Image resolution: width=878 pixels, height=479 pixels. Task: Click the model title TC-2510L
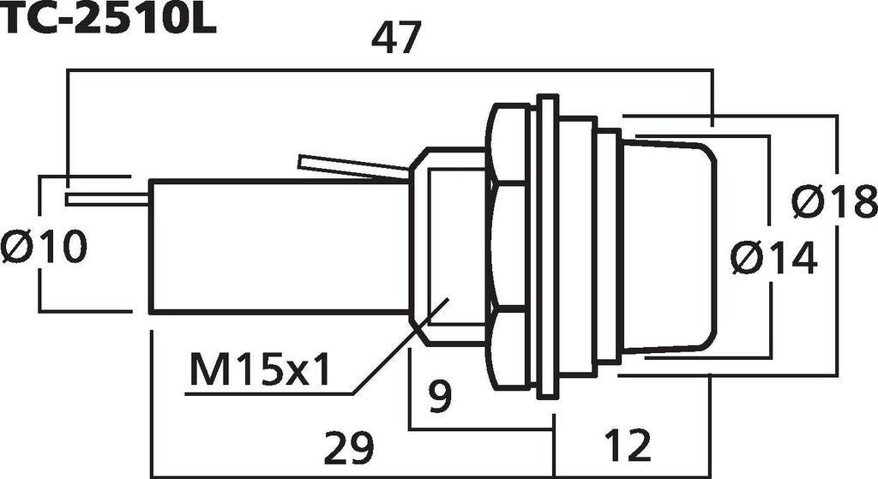pyautogui.click(x=108, y=19)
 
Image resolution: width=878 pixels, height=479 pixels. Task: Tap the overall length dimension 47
pyautogui.click(x=396, y=39)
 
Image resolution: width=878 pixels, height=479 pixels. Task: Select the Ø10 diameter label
pyautogui.click(x=45, y=248)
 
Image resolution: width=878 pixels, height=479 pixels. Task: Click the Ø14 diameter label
pyautogui.click(x=774, y=257)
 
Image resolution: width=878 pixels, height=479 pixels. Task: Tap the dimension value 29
pyautogui.click(x=350, y=447)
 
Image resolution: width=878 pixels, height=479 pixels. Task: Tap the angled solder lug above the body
pyautogui.click(x=352, y=166)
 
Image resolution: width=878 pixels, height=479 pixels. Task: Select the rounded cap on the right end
pyautogui.click(x=669, y=247)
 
